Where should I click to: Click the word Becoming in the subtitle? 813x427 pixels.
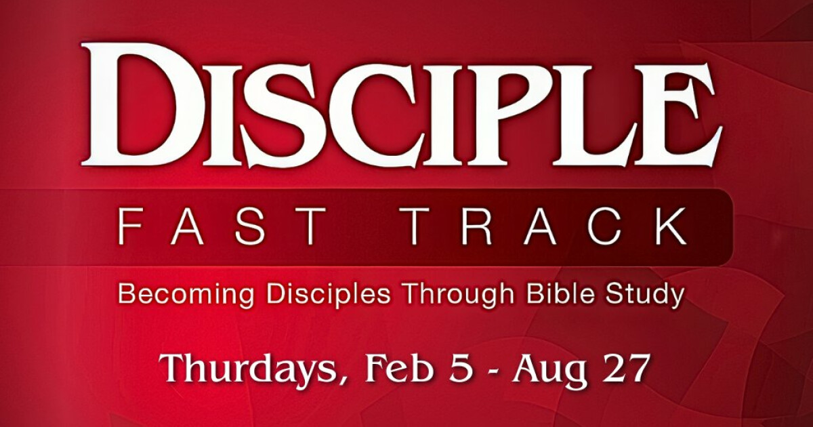tap(186, 295)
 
